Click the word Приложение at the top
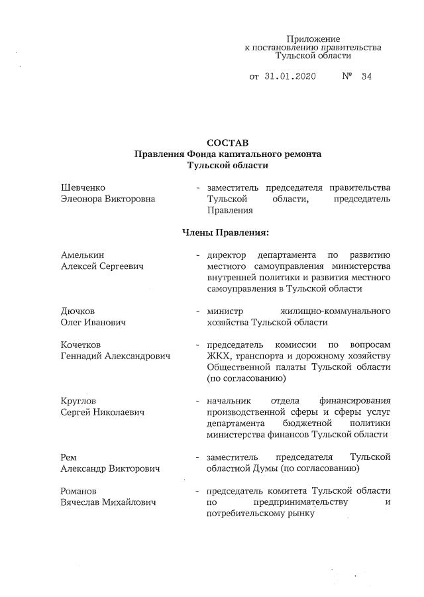click(x=313, y=39)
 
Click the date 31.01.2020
click(x=290, y=76)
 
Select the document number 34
click(x=367, y=76)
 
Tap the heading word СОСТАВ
click(x=227, y=143)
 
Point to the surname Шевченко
click(x=83, y=188)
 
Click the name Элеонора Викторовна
click(x=108, y=199)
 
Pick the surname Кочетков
click(x=82, y=345)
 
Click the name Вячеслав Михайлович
click(x=109, y=502)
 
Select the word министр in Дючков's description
click(x=226, y=311)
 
